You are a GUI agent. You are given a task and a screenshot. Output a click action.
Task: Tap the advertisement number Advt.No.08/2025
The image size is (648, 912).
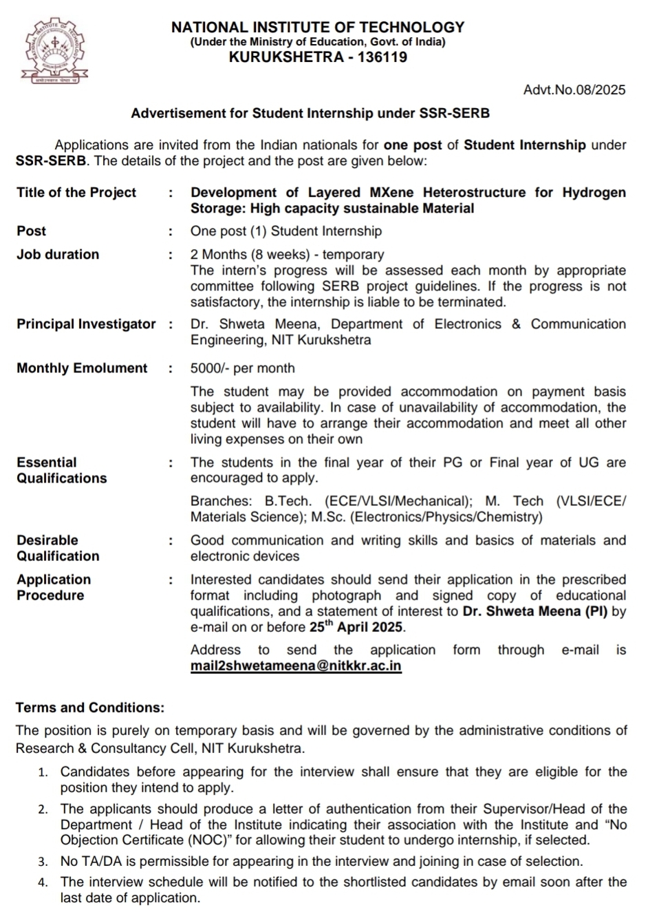click(x=574, y=89)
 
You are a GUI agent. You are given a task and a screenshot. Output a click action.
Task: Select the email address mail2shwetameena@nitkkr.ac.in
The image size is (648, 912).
click(x=296, y=666)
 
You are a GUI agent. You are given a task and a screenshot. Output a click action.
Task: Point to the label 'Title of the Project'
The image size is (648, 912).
click(x=76, y=193)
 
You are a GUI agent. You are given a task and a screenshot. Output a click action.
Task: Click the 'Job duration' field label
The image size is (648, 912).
click(x=58, y=255)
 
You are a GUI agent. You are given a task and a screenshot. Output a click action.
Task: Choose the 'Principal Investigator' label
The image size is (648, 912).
click(x=86, y=324)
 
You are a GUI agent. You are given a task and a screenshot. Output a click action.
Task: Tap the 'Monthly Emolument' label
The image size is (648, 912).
click(x=82, y=368)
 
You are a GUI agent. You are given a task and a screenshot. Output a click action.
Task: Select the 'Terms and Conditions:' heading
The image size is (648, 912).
click(x=90, y=708)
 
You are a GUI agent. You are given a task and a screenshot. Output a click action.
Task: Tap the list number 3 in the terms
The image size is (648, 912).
click(x=43, y=862)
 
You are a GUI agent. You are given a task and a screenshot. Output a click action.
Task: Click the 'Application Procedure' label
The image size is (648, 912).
click(x=54, y=587)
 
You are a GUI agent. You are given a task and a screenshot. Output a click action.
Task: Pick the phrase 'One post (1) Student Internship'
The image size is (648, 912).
click(x=285, y=231)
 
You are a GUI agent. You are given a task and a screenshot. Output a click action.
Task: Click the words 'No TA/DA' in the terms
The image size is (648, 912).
click(x=89, y=861)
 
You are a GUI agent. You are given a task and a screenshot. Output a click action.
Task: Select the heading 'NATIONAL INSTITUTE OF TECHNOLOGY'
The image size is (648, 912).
click(x=317, y=28)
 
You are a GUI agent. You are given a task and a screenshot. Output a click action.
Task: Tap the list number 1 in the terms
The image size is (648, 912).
click(x=43, y=772)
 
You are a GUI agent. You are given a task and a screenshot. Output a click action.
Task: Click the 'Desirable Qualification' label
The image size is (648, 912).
click(x=58, y=548)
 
